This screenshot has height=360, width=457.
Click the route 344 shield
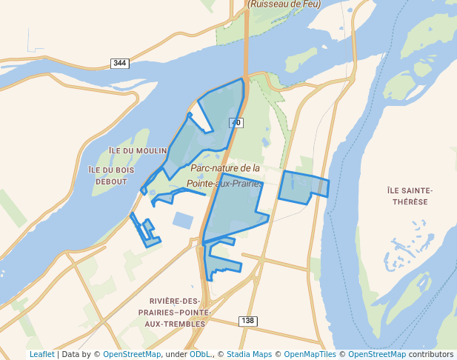(x=119, y=63)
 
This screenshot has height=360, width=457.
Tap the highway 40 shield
(x=236, y=122)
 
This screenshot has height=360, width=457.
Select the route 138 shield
(x=247, y=320)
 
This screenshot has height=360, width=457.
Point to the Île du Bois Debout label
(x=111, y=176)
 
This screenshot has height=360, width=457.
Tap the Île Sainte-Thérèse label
(x=410, y=196)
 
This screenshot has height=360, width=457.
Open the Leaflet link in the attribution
(x=41, y=355)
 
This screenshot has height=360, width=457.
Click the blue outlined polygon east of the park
(x=302, y=187)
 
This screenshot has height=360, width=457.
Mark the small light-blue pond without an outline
(x=182, y=220)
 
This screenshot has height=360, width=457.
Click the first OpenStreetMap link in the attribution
(x=132, y=355)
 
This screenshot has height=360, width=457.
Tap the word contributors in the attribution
(x=430, y=355)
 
